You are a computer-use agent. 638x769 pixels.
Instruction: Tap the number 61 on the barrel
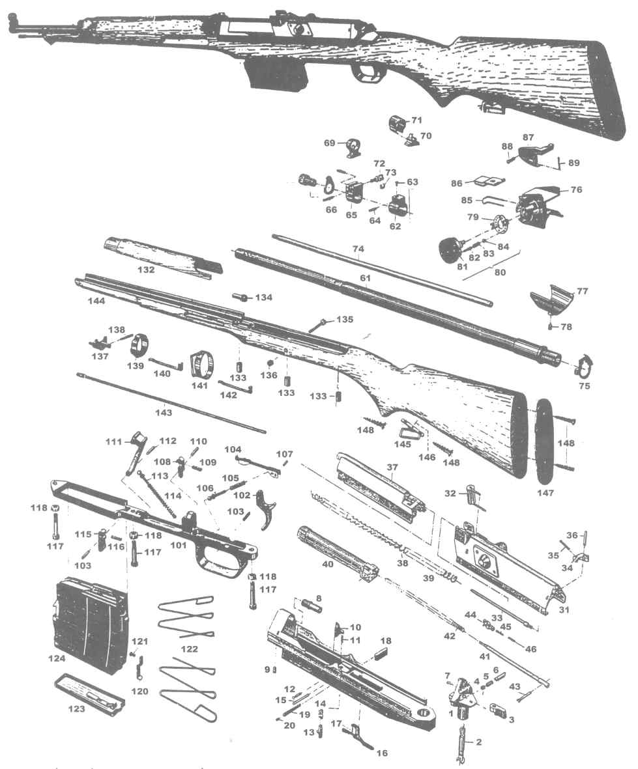click(x=366, y=278)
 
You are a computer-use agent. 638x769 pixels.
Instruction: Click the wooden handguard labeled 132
click(x=160, y=258)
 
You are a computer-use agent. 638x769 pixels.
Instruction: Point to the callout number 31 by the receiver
click(x=565, y=610)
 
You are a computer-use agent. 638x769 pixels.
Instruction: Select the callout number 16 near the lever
click(x=381, y=753)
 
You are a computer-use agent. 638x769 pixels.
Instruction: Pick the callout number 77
click(x=582, y=291)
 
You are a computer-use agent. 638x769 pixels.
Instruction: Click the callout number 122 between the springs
click(x=190, y=649)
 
